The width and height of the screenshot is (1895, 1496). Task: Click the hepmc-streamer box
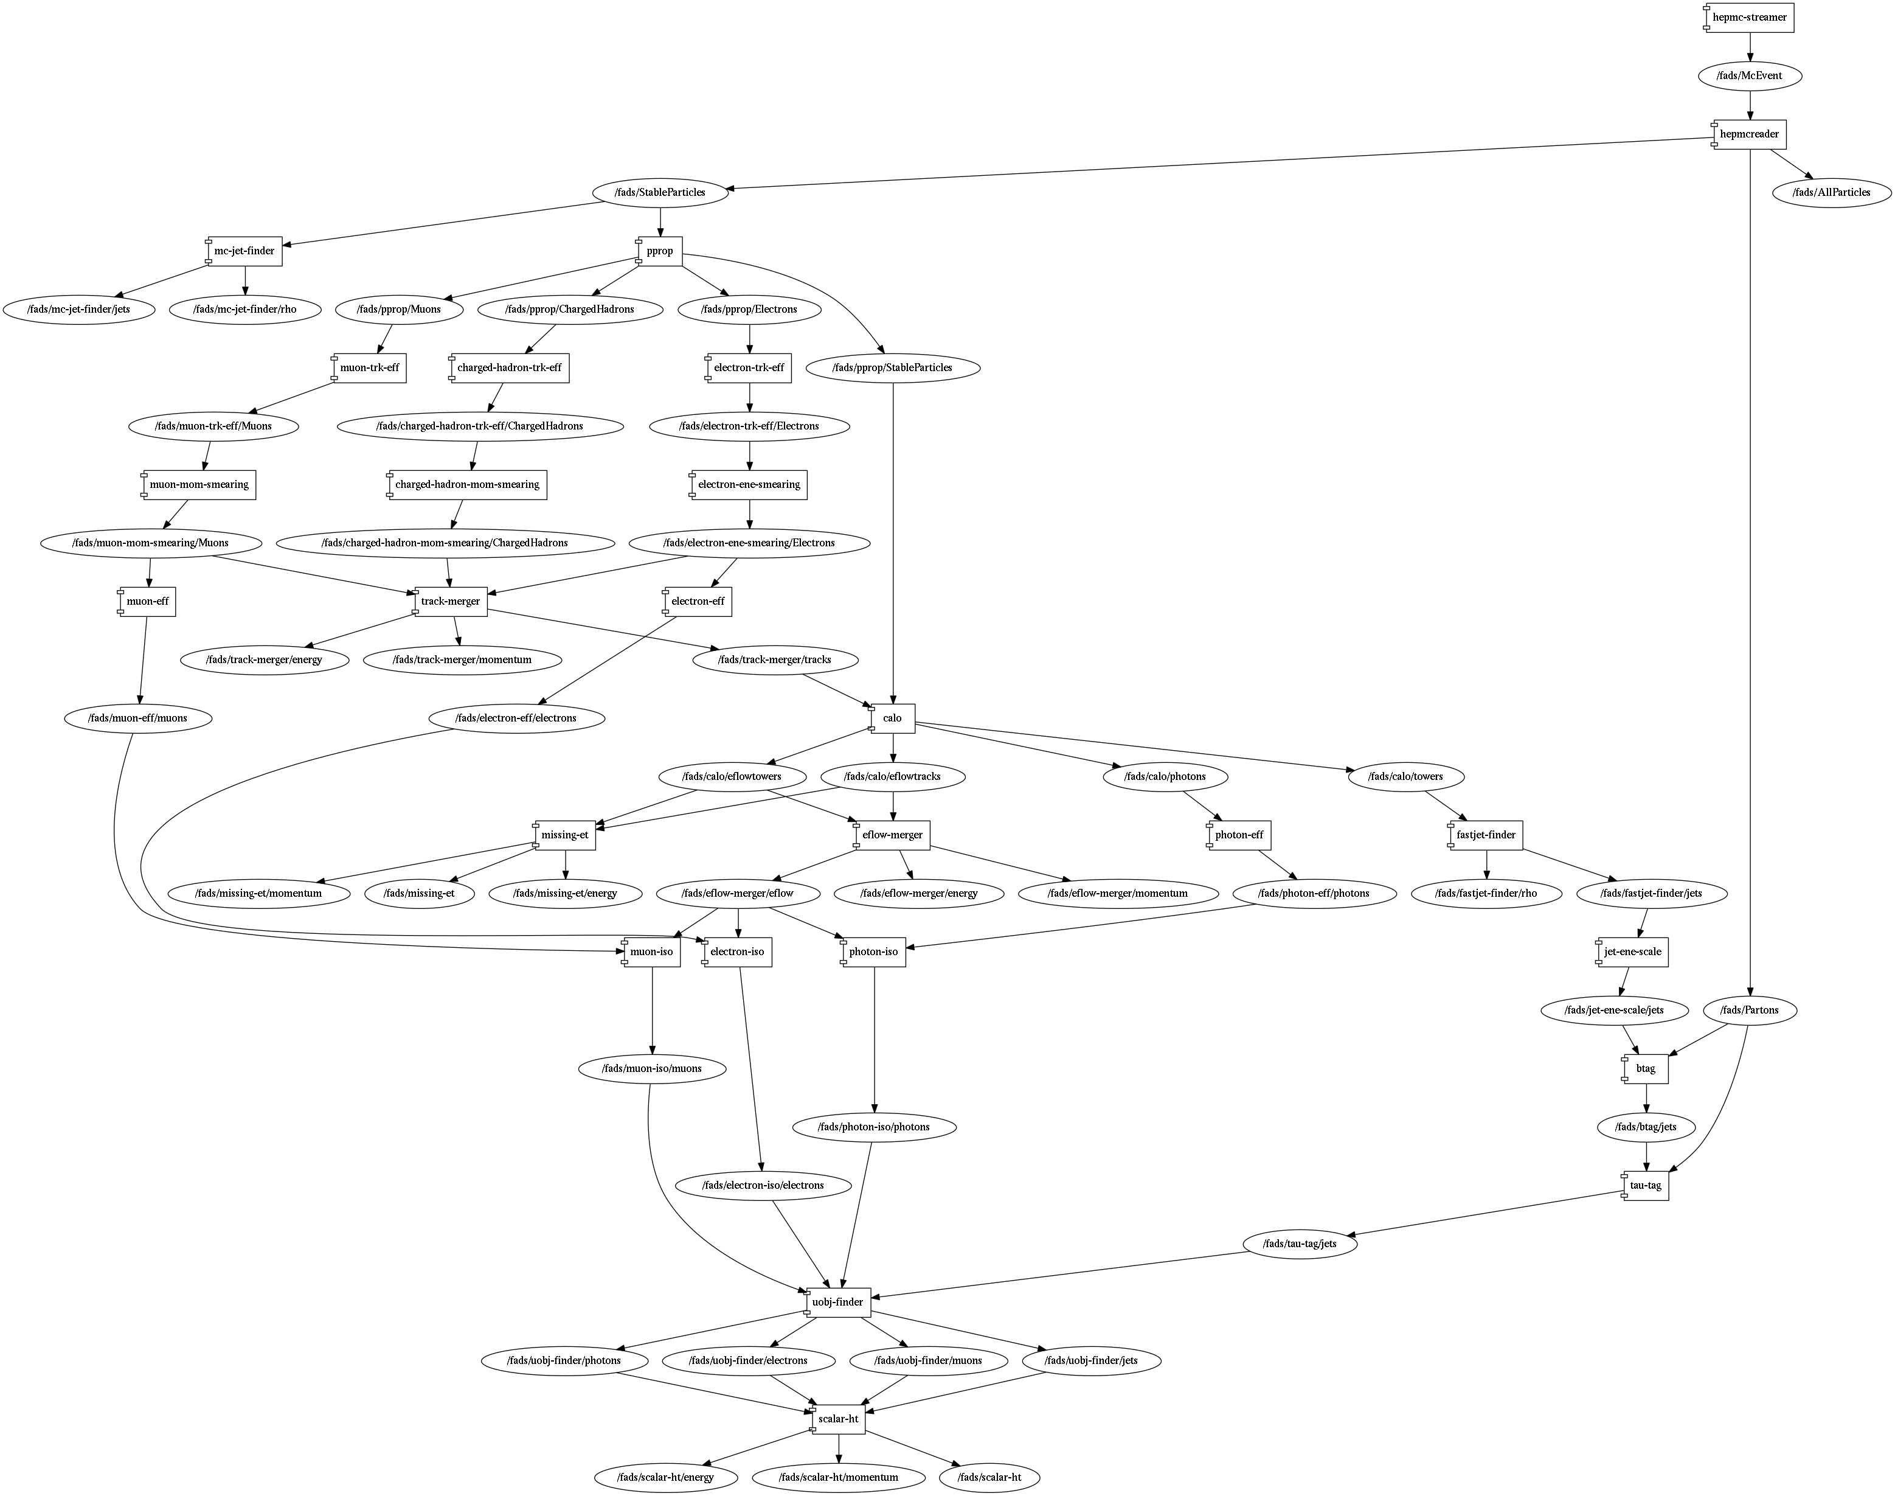pos(1749,18)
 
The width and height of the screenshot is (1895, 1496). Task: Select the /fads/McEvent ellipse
pos(1749,76)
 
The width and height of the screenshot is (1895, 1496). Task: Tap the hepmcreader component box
pos(1749,134)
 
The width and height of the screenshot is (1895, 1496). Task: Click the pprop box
pos(659,251)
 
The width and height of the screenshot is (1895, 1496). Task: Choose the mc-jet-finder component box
pos(244,251)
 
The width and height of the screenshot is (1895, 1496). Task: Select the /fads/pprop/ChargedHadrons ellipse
pos(569,309)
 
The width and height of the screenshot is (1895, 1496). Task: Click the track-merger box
pos(450,602)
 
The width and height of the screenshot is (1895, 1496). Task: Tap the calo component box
pos(892,718)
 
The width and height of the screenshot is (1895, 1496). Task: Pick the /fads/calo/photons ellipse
pos(1165,777)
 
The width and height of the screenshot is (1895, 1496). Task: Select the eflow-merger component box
pos(892,835)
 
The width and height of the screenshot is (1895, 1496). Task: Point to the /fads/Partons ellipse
pos(1749,1010)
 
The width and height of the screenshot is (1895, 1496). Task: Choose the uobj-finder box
pos(838,1303)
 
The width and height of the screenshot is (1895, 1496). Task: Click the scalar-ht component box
pos(838,1419)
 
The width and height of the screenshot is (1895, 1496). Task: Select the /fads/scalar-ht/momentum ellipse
pos(838,1478)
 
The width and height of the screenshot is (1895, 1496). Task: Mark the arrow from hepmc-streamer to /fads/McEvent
pos(1749,46)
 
